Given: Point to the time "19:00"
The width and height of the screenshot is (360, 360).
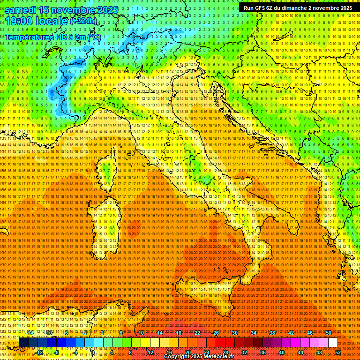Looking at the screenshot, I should click(x=19, y=21).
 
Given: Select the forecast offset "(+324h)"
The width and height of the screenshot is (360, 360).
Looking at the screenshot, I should click(x=83, y=21).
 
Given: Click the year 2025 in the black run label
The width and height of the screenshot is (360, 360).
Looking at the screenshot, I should click(x=345, y=8).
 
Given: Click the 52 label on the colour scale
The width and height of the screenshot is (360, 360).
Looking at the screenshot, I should click(x=338, y=352).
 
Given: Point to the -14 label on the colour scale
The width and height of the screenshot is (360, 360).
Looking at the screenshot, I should click(x=30, y=332).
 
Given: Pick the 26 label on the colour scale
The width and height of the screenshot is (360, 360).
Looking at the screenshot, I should click(x=216, y=332).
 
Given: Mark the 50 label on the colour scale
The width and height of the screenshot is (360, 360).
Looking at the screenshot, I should click(x=329, y=332).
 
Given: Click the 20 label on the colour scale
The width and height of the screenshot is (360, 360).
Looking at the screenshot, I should click(x=187, y=352).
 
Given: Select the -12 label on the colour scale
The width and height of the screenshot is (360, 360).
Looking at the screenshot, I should click(x=40, y=352).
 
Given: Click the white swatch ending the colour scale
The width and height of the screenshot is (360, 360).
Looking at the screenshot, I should click(x=333, y=343).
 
